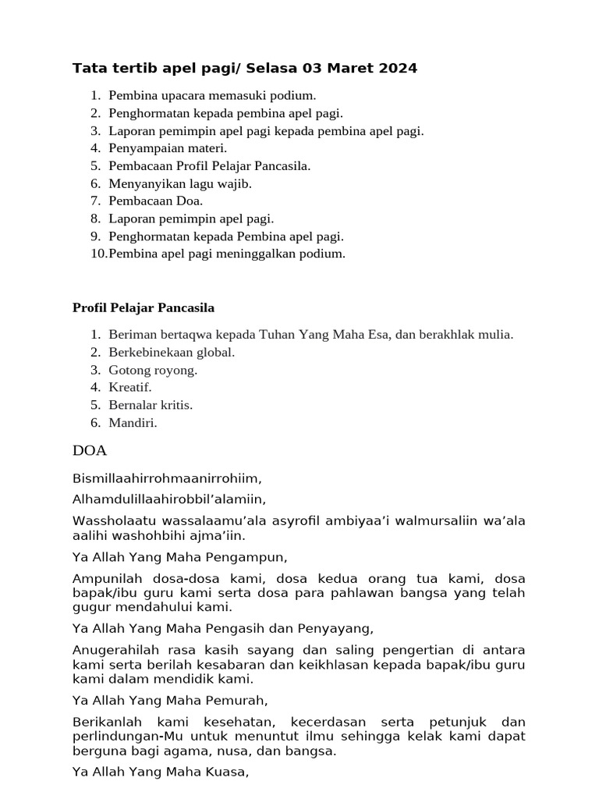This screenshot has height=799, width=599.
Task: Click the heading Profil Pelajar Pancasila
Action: pyautogui.click(x=144, y=307)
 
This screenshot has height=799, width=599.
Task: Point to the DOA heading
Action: pyautogui.click(x=90, y=451)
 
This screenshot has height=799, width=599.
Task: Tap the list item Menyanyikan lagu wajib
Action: pyautogui.click(x=180, y=183)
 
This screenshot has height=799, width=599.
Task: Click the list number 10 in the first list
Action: pyautogui.click(x=98, y=254)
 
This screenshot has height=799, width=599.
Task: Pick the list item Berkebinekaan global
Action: pyautogui.click(x=172, y=352)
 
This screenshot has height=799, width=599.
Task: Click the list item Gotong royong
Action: pyautogui.click(x=153, y=370)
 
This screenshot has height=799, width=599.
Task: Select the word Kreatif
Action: pyautogui.click(x=130, y=387)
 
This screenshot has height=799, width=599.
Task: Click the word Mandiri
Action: pyautogui.click(x=133, y=423)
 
